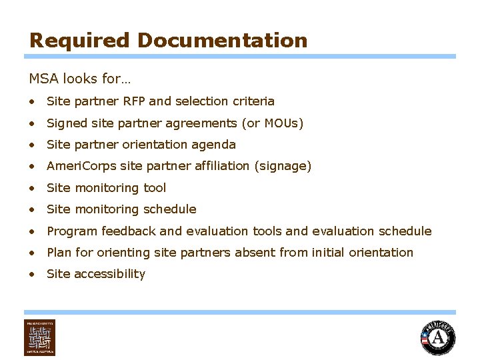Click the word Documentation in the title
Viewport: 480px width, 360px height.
222,41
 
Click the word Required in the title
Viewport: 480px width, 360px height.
79,41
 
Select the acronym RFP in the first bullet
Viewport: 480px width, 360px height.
134,101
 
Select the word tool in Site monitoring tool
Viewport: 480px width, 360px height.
155,188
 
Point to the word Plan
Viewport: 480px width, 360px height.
59,253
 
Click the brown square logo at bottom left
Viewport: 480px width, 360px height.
40,337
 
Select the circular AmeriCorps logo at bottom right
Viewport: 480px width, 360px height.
438,337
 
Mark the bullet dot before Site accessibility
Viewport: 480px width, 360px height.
32,274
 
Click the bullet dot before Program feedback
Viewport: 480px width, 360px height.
32,231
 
